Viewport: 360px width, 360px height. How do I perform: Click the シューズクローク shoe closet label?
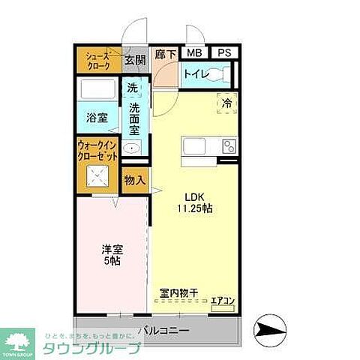click(x=97, y=61)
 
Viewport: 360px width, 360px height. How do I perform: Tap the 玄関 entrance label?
click(x=135, y=60)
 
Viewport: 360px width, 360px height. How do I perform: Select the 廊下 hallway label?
click(x=165, y=54)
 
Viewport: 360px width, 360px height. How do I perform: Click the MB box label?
click(x=194, y=53)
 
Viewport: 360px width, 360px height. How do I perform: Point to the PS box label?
click(x=223, y=53)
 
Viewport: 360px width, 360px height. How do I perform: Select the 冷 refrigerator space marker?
click(x=226, y=104)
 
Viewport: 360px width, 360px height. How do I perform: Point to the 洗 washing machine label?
click(x=132, y=88)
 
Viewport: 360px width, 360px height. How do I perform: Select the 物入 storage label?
click(x=134, y=181)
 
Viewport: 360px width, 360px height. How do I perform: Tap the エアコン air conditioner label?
click(x=223, y=301)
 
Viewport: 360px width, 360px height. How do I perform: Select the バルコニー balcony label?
click(x=163, y=329)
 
